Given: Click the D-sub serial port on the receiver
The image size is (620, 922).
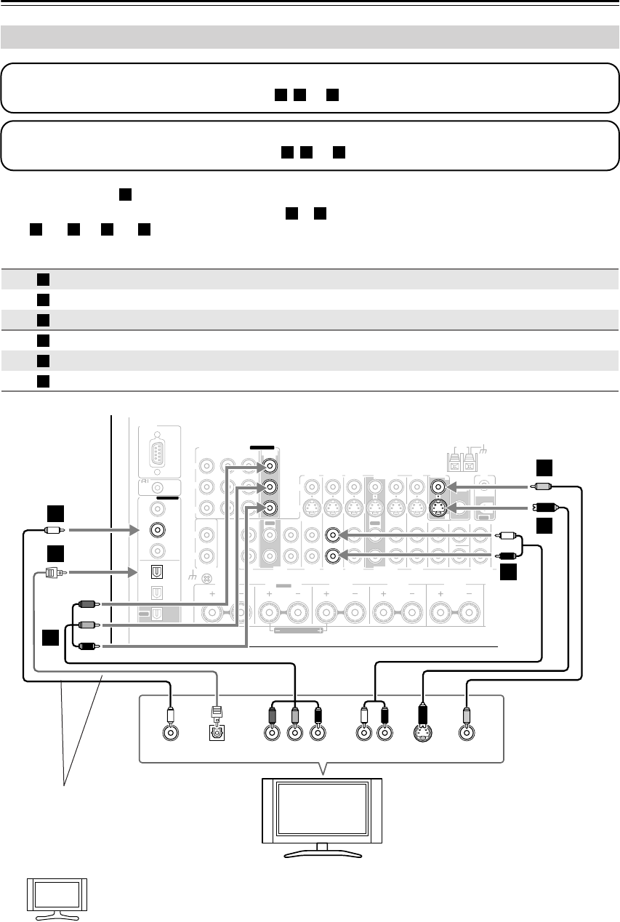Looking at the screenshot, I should [x=156, y=454].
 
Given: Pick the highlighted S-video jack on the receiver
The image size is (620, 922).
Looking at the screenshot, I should [x=439, y=507].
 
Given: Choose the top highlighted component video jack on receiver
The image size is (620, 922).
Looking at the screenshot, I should [x=270, y=465].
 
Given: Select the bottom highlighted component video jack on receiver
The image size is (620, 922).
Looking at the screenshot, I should [x=270, y=508].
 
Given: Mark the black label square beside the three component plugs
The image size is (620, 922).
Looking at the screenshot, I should [x=50, y=638].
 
